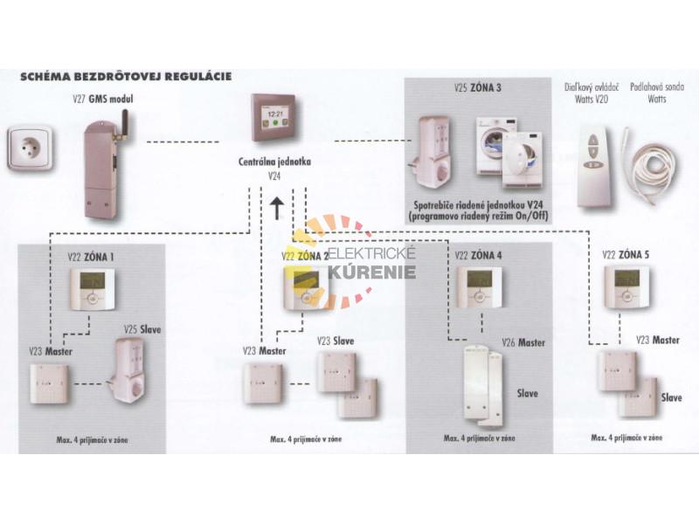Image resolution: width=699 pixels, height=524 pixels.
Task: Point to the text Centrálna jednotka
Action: pyautogui.click(x=274, y=162)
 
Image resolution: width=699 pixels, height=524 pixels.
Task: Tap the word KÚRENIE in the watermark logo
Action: pyautogui.click(x=370, y=272)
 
